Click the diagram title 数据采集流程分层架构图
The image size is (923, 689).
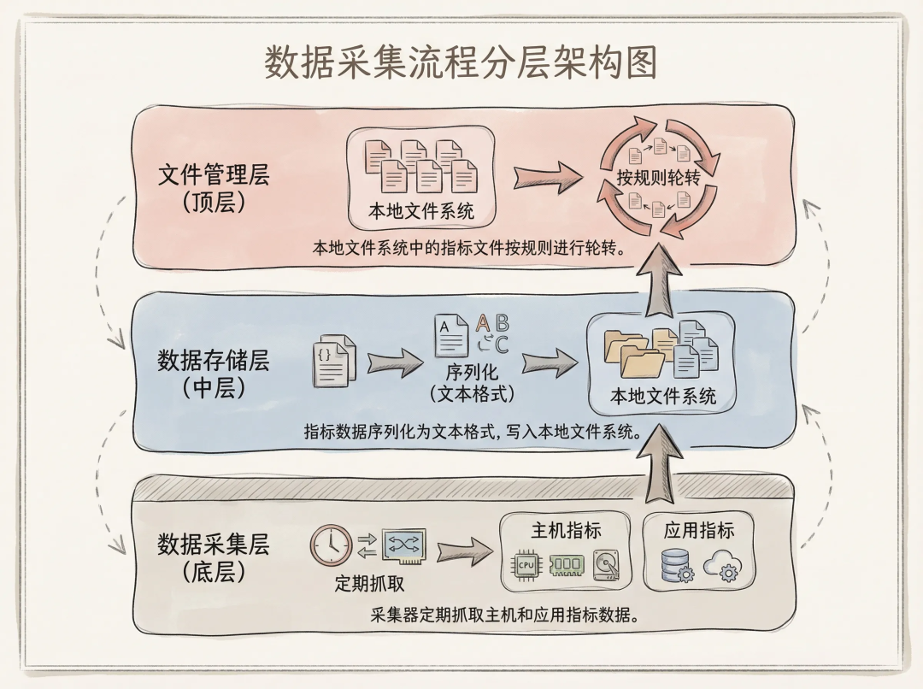[461, 63]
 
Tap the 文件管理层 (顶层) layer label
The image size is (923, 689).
[214, 189]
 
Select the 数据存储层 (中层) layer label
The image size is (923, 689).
[214, 374]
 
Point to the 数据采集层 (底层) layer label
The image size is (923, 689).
[214, 557]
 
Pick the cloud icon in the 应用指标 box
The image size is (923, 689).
[722, 565]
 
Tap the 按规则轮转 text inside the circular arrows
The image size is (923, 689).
[658, 177]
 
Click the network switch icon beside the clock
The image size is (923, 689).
[404, 544]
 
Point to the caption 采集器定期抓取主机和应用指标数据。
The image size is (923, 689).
[506, 615]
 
